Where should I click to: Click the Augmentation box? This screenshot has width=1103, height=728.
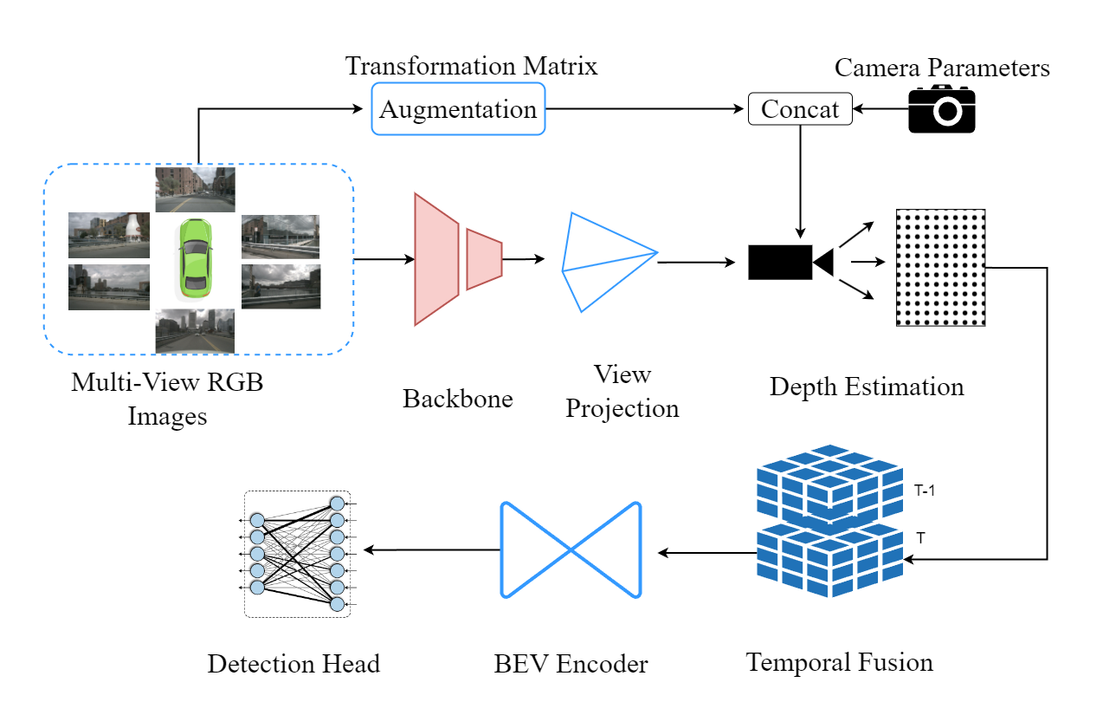coord(458,109)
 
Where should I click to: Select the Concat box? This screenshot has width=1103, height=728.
coord(799,109)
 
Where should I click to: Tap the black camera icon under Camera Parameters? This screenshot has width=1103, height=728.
coord(942,109)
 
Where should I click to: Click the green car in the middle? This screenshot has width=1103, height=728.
coord(194,258)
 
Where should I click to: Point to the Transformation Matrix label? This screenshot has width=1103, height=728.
coord(471,66)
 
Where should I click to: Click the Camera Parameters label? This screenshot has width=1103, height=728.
coord(942,68)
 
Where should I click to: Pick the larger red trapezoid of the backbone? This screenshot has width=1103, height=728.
coord(436,259)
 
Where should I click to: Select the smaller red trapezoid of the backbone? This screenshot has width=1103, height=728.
coord(484,259)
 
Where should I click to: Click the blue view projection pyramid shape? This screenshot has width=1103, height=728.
coord(606,260)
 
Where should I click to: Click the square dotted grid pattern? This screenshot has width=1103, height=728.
coord(940,267)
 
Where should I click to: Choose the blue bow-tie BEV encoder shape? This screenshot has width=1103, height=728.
coord(571,549)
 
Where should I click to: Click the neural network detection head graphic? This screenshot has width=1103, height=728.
coord(297,554)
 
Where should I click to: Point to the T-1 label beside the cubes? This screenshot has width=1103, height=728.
coord(925,491)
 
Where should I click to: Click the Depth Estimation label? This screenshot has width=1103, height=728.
coord(867,386)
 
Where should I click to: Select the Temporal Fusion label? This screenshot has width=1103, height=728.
coord(840,663)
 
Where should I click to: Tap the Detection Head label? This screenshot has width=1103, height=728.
coord(293,665)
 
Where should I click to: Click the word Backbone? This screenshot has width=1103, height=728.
coord(458,399)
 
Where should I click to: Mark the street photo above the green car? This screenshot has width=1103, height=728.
coord(194,189)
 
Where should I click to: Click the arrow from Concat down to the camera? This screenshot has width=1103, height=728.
coord(799,182)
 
